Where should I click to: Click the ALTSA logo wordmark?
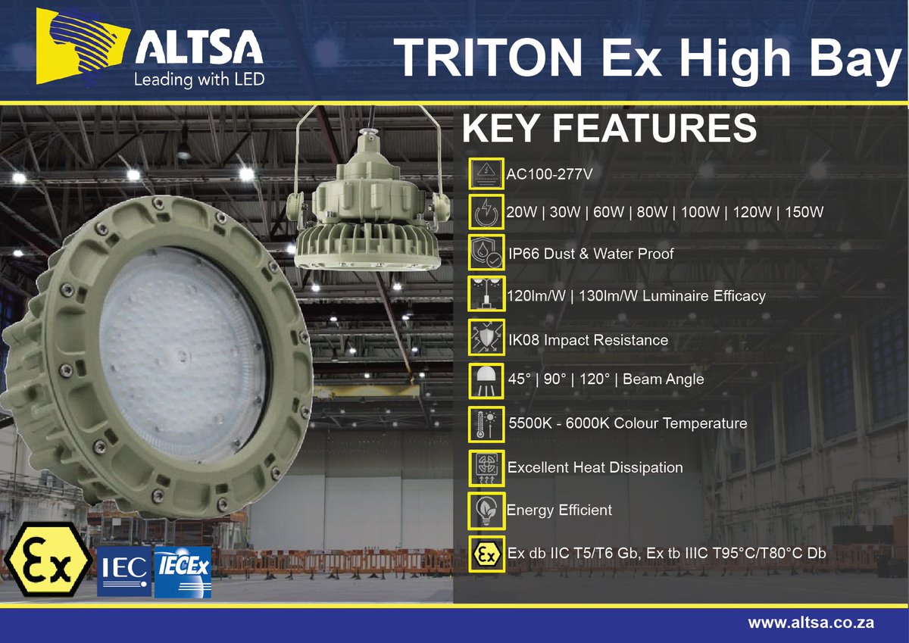tap(199, 50)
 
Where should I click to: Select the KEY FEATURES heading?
tap(610, 129)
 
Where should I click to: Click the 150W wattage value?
tap(804, 212)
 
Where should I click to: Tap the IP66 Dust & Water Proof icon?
tap(486, 254)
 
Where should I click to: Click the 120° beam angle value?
tap(598, 379)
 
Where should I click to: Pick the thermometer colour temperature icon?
tap(486, 423)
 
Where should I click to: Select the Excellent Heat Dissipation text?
tap(595, 467)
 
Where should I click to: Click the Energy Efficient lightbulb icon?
tap(486, 510)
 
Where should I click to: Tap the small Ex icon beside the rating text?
tap(486, 554)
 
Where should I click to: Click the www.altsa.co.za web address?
tap(811, 623)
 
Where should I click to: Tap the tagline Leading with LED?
tap(198, 80)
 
